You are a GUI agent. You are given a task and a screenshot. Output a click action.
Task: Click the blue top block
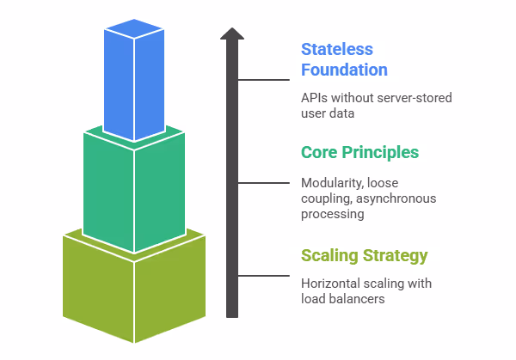pyautogui.click(x=133, y=82)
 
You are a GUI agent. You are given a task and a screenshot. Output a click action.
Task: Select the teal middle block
pyautogui.click(x=133, y=193)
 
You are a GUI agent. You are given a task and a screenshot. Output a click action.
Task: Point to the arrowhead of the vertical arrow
pyautogui.click(x=231, y=34)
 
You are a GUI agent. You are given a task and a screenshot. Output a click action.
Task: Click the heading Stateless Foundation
pyautogui.click(x=344, y=59)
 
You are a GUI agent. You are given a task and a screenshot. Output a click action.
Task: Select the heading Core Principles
pyautogui.click(x=359, y=153)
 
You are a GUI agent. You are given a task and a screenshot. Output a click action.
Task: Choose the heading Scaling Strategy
pyautogui.click(x=364, y=255)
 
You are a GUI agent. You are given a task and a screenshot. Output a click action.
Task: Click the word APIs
pyautogui.click(x=314, y=97)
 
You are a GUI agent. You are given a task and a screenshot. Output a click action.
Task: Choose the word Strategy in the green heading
pyautogui.click(x=396, y=255)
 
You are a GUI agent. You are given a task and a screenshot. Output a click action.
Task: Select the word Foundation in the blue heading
pyautogui.click(x=344, y=70)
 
